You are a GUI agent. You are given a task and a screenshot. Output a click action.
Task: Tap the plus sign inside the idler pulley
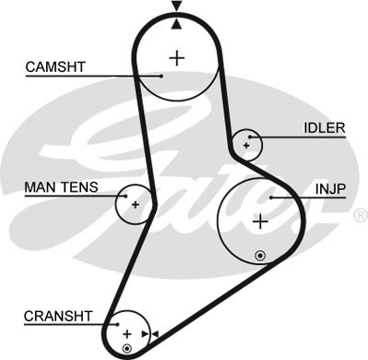click(247, 144)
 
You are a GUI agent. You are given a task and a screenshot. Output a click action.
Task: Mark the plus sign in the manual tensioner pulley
click(135, 203)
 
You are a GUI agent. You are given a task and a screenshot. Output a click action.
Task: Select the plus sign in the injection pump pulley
click(260, 222)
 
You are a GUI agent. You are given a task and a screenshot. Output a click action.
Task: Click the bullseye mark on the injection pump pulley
click(261, 254)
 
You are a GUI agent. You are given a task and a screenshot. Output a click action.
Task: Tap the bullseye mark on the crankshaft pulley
click(127, 349)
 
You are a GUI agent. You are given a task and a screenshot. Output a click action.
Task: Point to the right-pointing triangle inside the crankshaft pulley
click(144, 332)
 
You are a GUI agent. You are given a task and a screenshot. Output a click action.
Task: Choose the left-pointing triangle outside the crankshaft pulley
click(157, 332)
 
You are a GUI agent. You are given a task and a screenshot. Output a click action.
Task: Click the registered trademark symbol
click(359, 215)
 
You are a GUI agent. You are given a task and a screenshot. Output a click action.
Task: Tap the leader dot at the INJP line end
click(271, 197)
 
